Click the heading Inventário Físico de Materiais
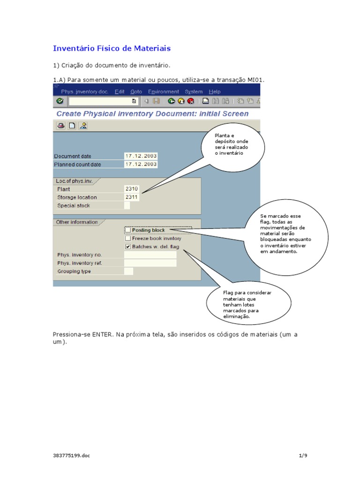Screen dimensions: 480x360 tap(112, 48)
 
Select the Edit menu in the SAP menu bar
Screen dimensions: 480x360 tap(120, 92)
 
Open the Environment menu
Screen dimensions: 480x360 tap(163, 92)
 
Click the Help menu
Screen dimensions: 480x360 tap(214, 92)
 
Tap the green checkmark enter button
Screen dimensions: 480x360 tap(60, 101)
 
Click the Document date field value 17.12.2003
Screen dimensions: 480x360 tap(141, 156)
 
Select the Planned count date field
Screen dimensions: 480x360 tap(141, 165)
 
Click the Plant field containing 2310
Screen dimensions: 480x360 tap(131, 189)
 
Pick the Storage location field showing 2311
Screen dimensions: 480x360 tap(131, 197)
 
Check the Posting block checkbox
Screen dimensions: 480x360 tap(128, 230)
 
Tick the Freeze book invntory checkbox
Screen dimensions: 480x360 tap(128, 239)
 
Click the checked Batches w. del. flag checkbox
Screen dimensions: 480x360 tap(128, 247)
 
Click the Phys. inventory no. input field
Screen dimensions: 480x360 tap(150, 255)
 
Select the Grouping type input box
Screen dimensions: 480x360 tap(128, 271)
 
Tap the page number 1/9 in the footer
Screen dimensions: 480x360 tap(302, 455)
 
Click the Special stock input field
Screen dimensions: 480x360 tap(127, 205)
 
